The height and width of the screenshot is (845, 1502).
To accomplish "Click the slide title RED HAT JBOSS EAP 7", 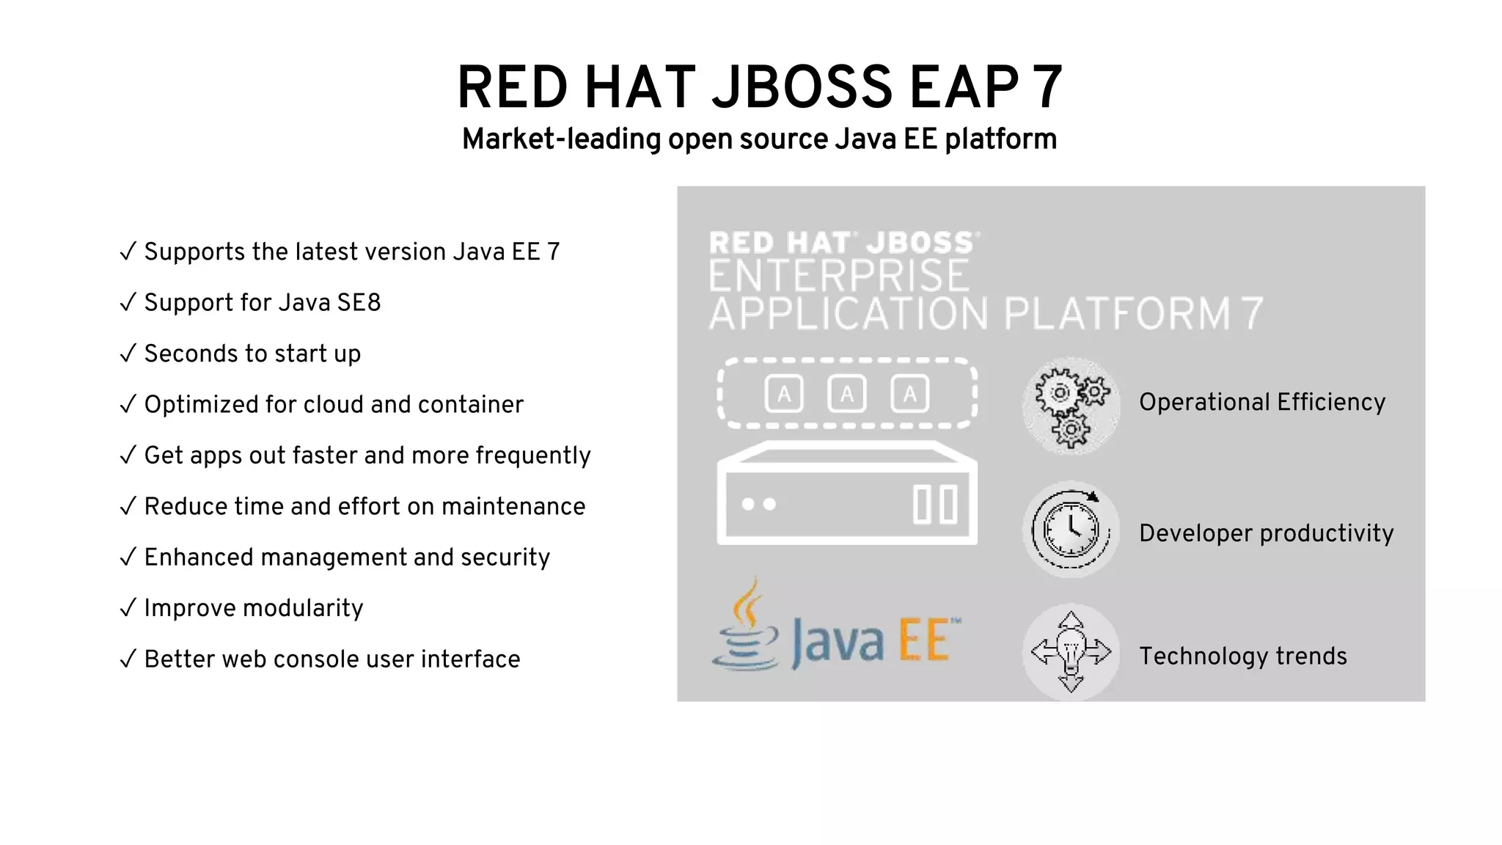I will [x=759, y=88].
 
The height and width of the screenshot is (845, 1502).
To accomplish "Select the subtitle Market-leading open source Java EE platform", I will [x=759, y=139].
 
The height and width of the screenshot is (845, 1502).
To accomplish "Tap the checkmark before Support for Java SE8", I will [x=128, y=302].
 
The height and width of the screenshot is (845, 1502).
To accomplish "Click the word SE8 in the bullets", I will [x=359, y=302].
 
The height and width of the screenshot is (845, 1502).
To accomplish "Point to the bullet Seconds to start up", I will [x=252, y=354].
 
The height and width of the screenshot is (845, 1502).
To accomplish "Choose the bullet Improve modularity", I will [x=253, y=608].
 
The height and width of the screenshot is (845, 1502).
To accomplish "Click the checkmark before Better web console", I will [x=128, y=659].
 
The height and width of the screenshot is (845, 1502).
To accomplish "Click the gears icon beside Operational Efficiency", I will [x=1071, y=406].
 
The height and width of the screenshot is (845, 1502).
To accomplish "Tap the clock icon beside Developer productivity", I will [x=1071, y=530].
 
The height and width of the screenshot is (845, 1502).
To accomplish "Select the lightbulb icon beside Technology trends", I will [x=1071, y=652].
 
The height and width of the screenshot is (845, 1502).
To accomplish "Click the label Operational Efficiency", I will [x=1262, y=402].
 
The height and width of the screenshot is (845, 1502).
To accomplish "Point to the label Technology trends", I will [x=1243, y=656].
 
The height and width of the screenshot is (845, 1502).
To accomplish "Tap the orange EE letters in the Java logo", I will [x=926, y=640].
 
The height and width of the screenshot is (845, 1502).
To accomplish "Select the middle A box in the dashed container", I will [x=846, y=394].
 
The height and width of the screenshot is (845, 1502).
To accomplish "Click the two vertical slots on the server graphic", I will [x=935, y=505].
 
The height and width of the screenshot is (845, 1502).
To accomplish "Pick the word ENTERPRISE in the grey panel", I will [x=839, y=277].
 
